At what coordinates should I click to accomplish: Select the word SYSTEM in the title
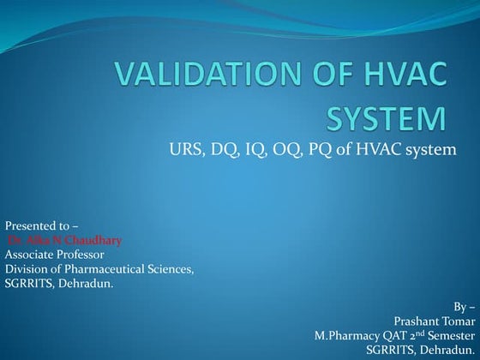pos(387,117)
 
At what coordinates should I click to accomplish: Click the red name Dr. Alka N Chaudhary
pos(65,240)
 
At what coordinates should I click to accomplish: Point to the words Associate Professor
pos(55,254)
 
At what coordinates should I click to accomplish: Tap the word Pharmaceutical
pos(109,269)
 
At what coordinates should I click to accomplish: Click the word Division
pos(26,269)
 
